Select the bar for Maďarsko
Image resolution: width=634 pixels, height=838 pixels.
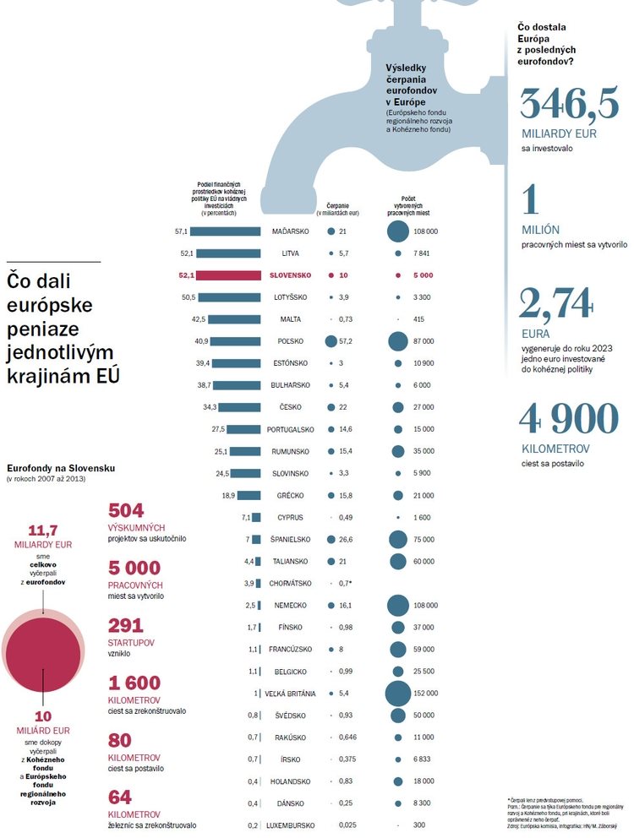click(226, 231)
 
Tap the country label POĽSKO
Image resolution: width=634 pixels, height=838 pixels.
click(291, 341)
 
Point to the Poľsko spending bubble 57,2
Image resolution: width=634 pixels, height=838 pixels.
click(331, 341)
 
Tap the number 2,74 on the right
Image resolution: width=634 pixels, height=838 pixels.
click(555, 304)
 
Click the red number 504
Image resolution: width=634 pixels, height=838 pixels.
click(127, 511)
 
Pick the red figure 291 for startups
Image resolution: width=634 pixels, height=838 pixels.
click(126, 626)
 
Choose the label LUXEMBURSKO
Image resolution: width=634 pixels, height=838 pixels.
click(290, 825)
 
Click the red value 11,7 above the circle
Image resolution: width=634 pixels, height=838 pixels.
click(42, 531)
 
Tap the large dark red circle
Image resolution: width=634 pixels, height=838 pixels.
click(42, 656)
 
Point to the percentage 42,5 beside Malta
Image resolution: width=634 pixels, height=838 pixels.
click(199, 319)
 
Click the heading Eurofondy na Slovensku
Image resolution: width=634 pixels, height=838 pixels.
click(61, 467)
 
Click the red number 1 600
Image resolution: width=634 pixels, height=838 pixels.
click(134, 683)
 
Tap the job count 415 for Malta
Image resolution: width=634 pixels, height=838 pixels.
click(419, 319)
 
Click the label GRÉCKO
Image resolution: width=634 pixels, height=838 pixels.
click(291, 495)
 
